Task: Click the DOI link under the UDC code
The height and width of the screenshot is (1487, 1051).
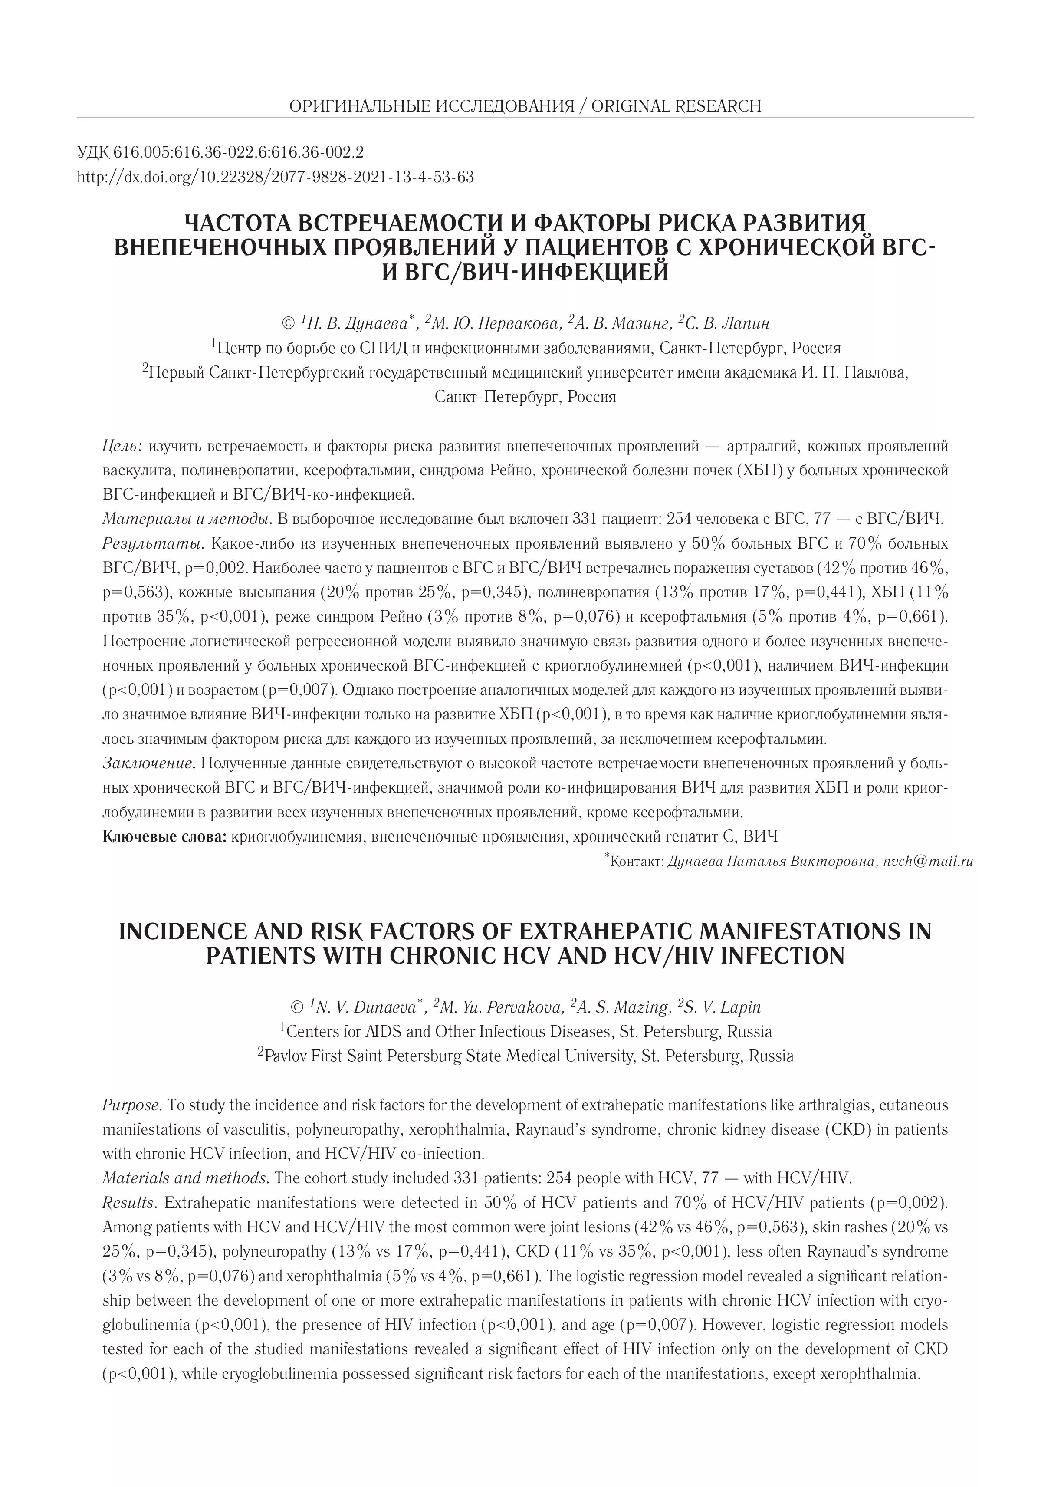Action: (275, 177)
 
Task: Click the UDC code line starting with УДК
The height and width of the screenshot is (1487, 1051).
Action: (220, 152)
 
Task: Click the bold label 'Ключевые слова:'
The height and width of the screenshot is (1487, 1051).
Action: (164, 837)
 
